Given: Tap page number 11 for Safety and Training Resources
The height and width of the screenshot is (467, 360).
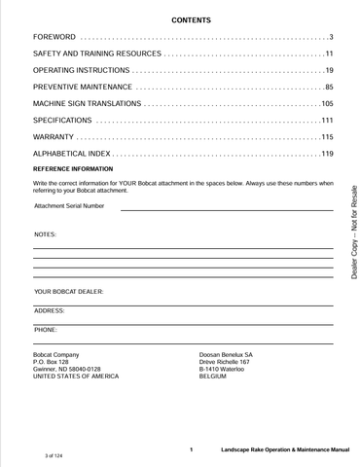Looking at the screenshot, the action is (329, 54).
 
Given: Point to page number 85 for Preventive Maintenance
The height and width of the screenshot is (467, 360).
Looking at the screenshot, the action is (329, 88).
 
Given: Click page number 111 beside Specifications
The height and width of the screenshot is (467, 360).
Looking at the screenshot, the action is (327, 120).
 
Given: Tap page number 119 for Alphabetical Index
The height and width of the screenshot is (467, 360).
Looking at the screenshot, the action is (327, 154).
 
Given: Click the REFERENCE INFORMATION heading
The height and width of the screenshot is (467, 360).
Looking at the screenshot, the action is (73, 169).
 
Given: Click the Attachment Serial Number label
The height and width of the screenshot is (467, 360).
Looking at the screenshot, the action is (69, 206).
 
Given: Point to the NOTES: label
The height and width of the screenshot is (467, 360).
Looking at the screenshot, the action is (45, 235).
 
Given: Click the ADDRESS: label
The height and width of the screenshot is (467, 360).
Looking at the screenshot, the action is (50, 310).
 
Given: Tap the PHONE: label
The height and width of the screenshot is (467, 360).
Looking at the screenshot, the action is (46, 330).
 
